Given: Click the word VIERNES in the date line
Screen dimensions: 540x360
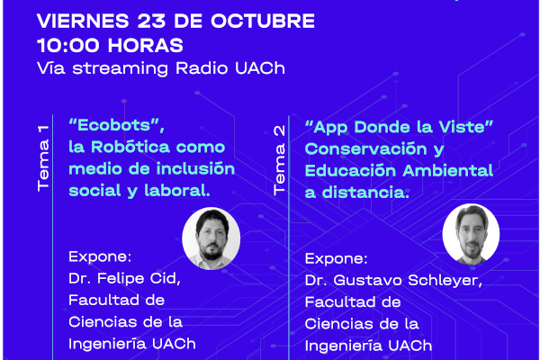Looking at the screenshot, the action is tap(83, 21).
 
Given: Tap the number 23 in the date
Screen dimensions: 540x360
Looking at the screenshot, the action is tap(151, 21).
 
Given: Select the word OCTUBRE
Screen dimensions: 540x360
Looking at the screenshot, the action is tap(263, 21).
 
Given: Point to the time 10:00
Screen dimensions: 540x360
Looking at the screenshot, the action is tap(68, 46).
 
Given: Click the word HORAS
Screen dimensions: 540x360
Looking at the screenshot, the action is tap(146, 46).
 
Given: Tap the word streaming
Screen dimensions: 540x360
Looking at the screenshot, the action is tap(121, 68).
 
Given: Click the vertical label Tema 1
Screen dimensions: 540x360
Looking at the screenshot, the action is tap(43, 158).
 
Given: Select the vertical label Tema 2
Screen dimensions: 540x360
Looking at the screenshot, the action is tap(279, 160).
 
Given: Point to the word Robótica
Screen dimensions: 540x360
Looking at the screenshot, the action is tap(130, 147).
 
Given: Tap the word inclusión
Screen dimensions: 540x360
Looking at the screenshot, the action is tap(195, 168).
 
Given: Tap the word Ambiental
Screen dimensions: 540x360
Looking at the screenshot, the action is tap(448, 170).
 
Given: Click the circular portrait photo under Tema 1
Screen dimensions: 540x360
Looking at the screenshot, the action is tap(211, 238).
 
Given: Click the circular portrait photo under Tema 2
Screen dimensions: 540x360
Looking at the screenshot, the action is tap(471, 234).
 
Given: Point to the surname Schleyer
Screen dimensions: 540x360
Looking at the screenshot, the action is tap(445, 281).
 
